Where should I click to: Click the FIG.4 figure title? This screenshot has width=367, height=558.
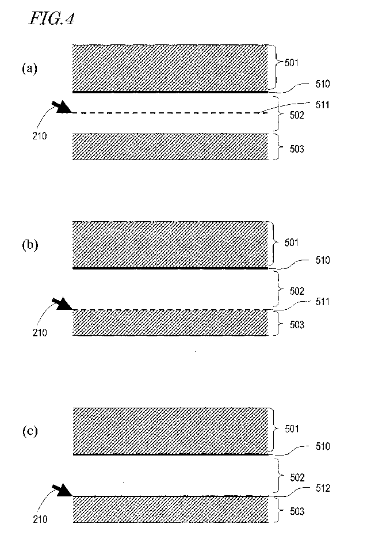pyautogui.click(x=51, y=20)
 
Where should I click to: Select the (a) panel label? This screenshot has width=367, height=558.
pyautogui.click(x=29, y=69)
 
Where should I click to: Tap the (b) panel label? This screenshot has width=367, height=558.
pyautogui.click(x=29, y=245)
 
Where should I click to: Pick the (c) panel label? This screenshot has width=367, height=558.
pyautogui.click(x=29, y=431)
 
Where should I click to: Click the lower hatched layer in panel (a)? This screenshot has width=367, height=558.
pyautogui.click(x=171, y=147)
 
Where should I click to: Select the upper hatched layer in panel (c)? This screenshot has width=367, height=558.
pyautogui.click(x=171, y=430)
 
